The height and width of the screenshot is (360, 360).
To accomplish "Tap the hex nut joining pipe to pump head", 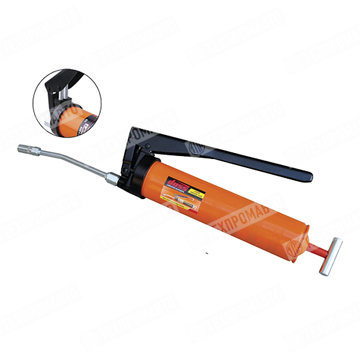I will pos(112,178).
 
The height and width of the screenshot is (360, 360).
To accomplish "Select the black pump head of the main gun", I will pos(133,170).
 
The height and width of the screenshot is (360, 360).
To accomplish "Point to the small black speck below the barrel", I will pos(206,253).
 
